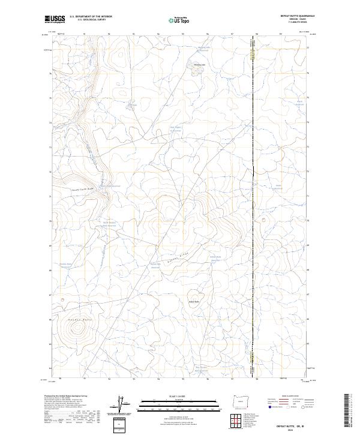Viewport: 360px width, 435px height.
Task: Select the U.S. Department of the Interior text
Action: [90, 16]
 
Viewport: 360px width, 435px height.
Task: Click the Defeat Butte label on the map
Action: [194, 301]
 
